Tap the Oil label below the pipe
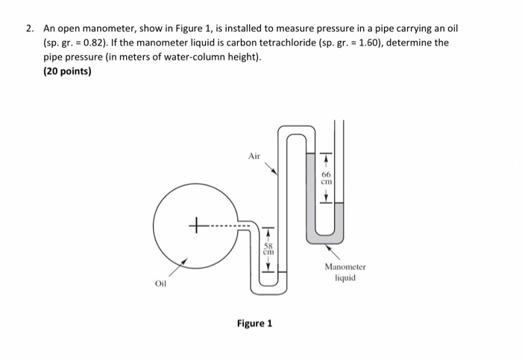pos(160,284)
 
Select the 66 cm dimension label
pos(325,177)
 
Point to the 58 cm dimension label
pos(269,248)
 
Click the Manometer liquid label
pos(345,271)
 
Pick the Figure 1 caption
pos(254,323)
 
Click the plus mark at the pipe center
pos(197,223)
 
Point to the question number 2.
pos(29,28)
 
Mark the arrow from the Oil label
pos(179,268)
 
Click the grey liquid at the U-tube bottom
pos(324,236)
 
